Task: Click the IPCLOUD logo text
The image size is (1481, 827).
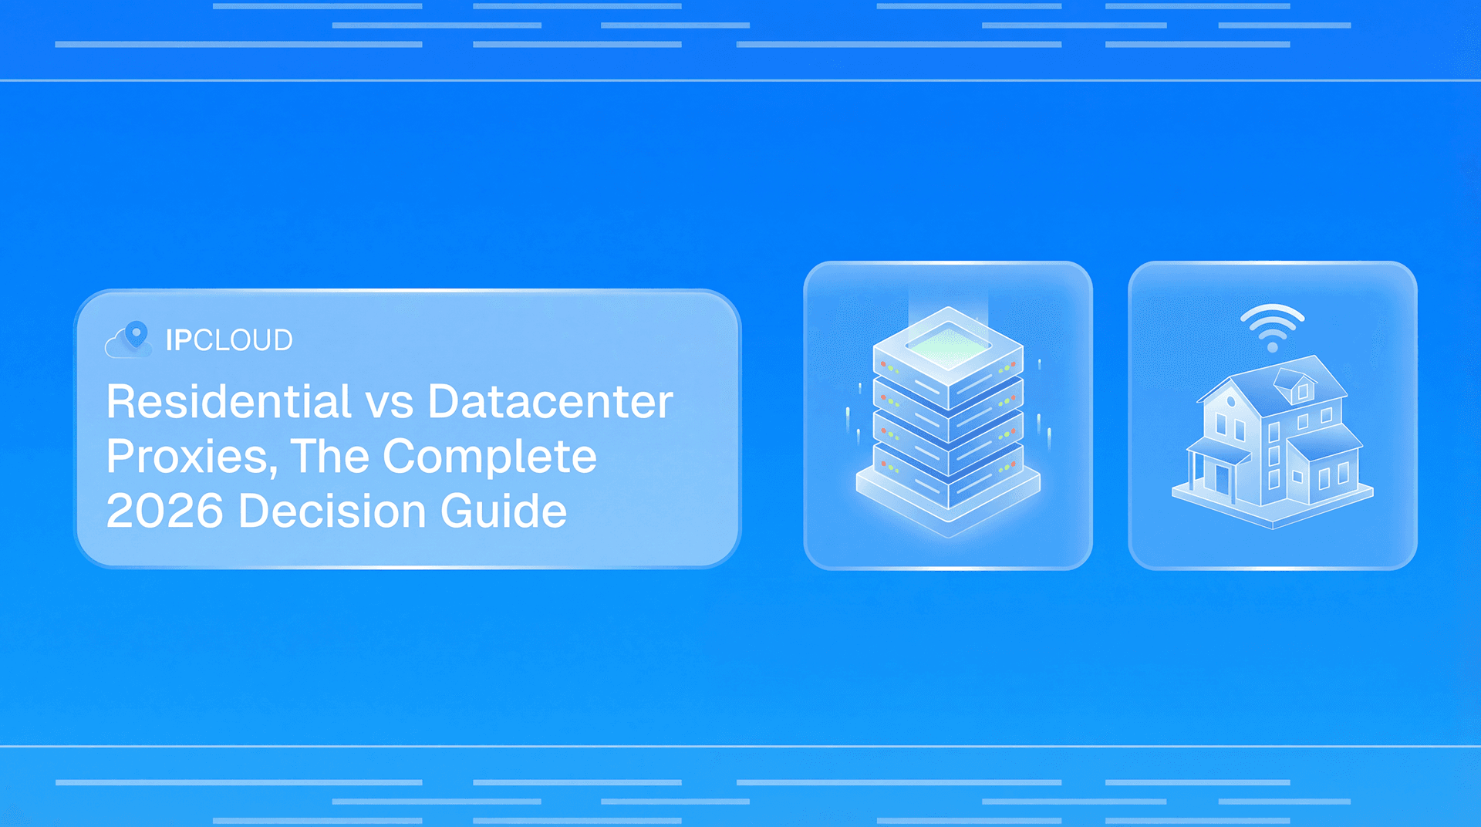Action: [x=229, y=340]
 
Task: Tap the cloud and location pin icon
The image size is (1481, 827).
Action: [x=129, y=339]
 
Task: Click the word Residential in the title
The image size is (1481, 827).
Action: [x=229, y=402]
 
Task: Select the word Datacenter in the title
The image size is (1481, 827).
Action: [x=550, y=402]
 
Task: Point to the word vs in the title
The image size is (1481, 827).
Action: [x=390, y=403]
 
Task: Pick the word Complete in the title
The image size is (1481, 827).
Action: [x=490, y=457]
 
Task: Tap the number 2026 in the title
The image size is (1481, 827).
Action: [x=164, y=511]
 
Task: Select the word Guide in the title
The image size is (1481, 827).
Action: [x=504, y=511]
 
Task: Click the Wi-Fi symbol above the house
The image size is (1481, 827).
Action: [x=1272, y=326]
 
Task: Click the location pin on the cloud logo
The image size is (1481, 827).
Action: [x=137, y=333]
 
